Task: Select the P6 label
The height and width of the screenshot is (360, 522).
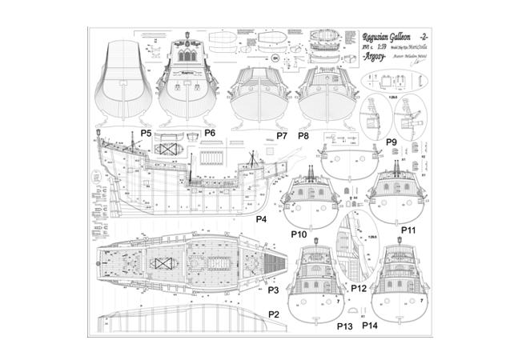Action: point(210,132)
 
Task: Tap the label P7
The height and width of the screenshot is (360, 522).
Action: point(282,136)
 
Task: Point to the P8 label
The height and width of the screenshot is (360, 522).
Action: point(303,136)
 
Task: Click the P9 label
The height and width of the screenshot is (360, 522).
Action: point(391,142)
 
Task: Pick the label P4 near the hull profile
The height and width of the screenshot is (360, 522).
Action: point(261,218)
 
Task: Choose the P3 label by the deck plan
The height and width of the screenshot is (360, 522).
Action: point(273,290)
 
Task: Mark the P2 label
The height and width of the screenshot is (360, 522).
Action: point(273,314)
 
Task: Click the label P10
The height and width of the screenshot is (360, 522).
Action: point(298,235)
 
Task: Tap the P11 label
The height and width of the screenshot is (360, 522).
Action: point(408,230)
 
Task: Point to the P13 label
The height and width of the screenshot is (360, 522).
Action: point(344,326)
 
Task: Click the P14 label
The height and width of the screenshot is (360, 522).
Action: point(370,326)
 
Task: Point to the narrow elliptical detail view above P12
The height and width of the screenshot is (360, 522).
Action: point(349,240)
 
